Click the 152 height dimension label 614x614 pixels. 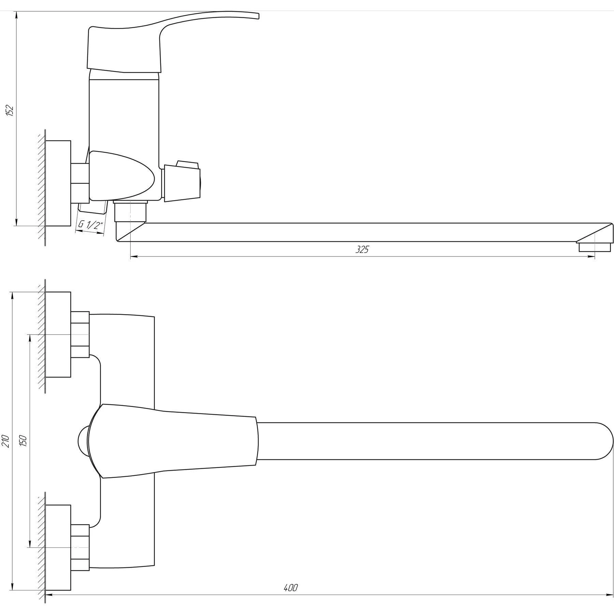pyautogui.click(x=10, y=110)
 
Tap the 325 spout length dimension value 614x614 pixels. pyautogui.click(x=362, y=249)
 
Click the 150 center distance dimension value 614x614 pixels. pyautogui.click(x=23, y=441)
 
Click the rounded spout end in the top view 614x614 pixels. pyautogui.click(x=602, y=441)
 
